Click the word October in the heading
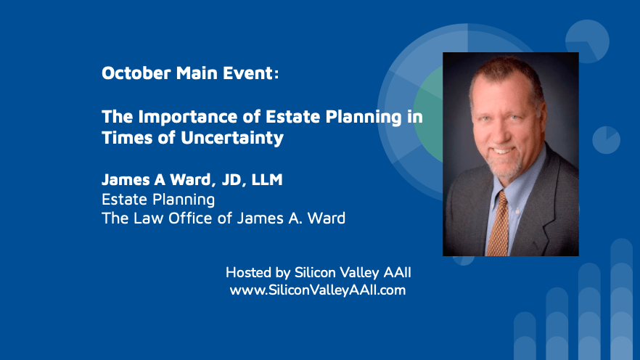tap(136, 73)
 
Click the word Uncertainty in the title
tap(232, 138)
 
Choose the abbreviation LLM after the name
tap(267, 179)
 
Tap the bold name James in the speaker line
tap(126, 179)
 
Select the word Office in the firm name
tap(191, 218)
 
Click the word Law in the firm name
tap(149, 218)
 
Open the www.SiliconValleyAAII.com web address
tap(318, 290)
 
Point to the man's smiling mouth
tap(502, 151)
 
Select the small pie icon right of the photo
tap(606, 140)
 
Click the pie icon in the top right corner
tap(587, 41)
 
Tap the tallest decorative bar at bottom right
tap(622, 299)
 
